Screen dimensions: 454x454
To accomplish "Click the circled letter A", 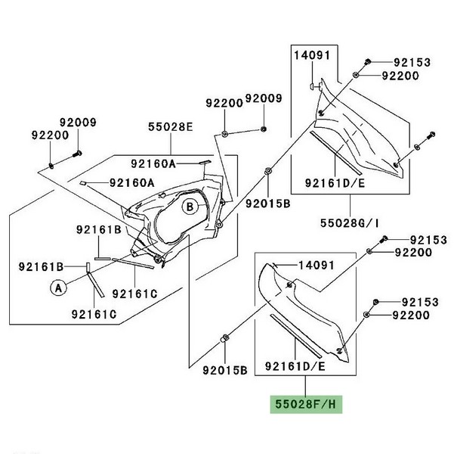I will [x=56, y=287].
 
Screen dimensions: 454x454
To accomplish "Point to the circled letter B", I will [x=190, y=206].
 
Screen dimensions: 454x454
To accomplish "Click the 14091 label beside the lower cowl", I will [x=316, y=266].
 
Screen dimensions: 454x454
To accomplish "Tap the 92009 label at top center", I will [x=263, y=99].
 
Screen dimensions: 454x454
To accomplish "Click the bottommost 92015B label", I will [x=224, y=371].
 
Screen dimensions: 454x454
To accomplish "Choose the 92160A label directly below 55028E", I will [x=152, y=163].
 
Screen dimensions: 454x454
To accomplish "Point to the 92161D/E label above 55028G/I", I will [x=335, y=182].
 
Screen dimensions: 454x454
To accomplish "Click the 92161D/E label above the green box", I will [x=295, y=366].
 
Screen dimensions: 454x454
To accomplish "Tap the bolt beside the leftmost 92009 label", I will [x=77, y=155].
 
